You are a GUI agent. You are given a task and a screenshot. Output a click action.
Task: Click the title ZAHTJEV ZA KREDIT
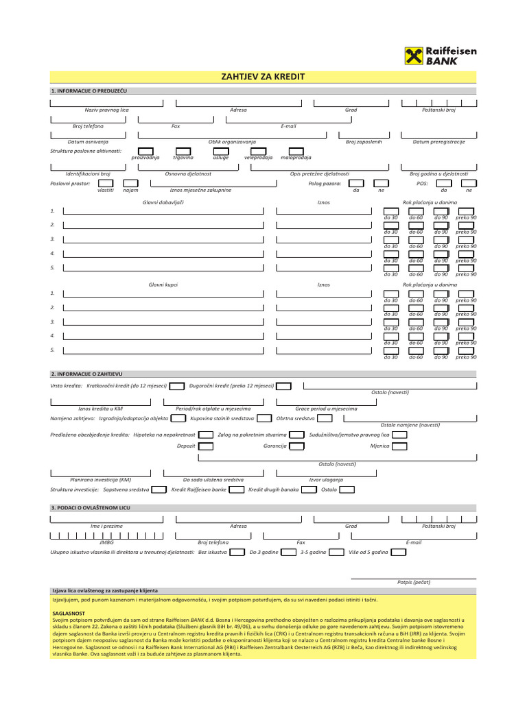[263, 77]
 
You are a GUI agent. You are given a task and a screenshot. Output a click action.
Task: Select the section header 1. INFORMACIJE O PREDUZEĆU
[89, 90]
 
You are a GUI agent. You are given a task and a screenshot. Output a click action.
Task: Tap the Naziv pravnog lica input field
[106, 103]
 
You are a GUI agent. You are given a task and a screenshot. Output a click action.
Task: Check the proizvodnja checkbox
[145, 151]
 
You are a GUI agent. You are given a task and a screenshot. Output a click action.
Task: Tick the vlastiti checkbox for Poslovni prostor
[106, 184]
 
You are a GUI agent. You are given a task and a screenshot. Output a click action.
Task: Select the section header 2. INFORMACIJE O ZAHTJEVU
[86, 374]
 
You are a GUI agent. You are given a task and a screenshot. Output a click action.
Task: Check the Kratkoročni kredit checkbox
[176, 386]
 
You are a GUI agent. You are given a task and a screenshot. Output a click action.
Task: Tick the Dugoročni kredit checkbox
[284, 386]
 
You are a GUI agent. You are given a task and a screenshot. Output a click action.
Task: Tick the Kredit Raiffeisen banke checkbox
[236, 489]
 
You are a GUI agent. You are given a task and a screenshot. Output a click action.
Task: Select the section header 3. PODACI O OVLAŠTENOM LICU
[90, 508]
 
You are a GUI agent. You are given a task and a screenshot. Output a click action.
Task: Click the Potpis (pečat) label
[414, 582]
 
